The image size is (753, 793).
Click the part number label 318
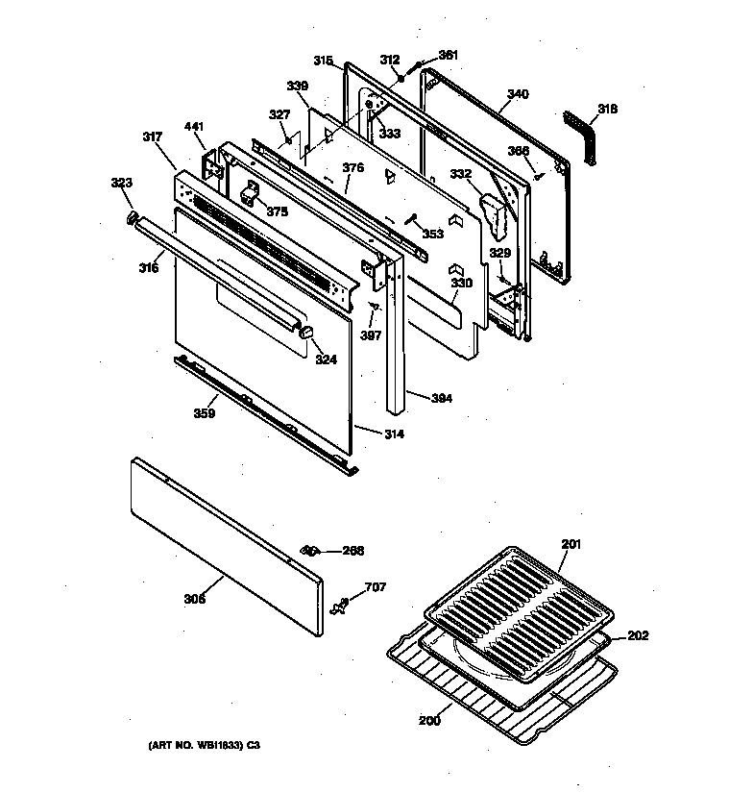pos(607,110)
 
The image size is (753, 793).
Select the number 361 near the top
pos(448,55)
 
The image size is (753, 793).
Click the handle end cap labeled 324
pos(308,332)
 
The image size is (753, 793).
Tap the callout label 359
pos(205,414)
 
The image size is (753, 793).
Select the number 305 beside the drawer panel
pos(195,599)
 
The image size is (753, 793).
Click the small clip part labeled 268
pos(309,550)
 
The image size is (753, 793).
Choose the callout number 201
pos(571,545)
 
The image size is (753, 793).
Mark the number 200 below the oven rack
pos(429,718)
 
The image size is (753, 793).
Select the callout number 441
pos(194,128)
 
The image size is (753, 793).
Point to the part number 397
pos(372,335)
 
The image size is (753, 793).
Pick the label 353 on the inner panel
pos(432,234)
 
